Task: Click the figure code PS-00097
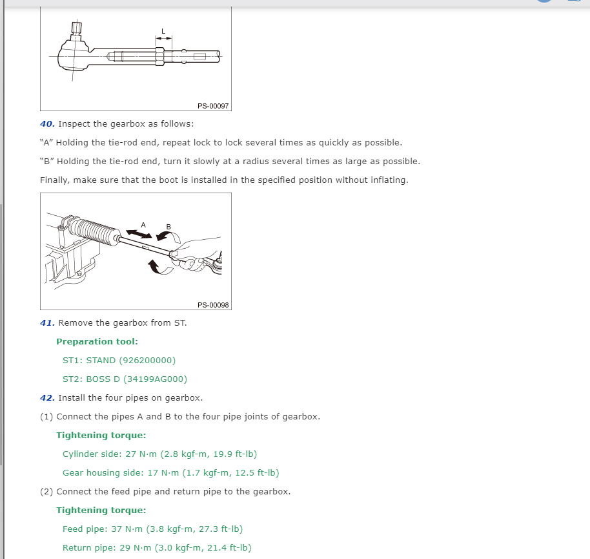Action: point(213,105)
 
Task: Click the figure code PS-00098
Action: point(213,304)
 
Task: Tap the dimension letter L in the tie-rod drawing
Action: point(163,31)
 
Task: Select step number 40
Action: point(47,123)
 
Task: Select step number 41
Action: point(47,322)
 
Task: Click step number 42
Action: point(47,397)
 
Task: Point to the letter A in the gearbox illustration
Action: point(143,225)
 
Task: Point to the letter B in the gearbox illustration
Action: point(169,226)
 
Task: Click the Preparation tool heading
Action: point(97,341)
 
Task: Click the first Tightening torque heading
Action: point(101,435)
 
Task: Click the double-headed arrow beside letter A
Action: point(136,231)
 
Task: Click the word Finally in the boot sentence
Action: point(54,180)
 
